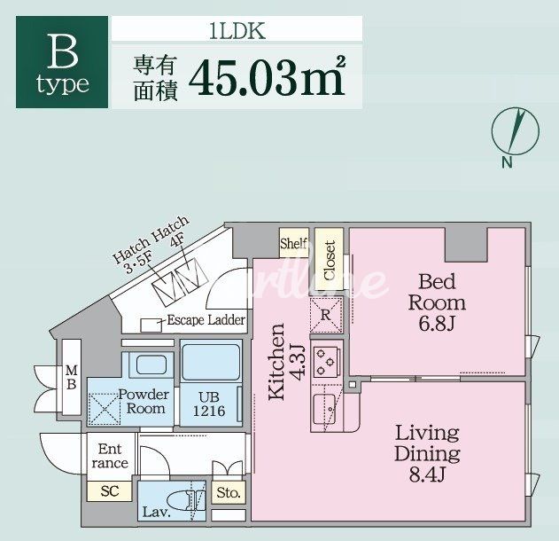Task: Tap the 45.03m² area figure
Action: pyautogui.click(x=265, y=78)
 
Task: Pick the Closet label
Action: pyautogui.click(x=329, y=260)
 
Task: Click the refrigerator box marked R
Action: pyautogui.click(x=325, y=313)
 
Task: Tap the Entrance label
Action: pyautogui.click(x=109, y=456)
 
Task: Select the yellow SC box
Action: pyautogui.click(x=109, y=491)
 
